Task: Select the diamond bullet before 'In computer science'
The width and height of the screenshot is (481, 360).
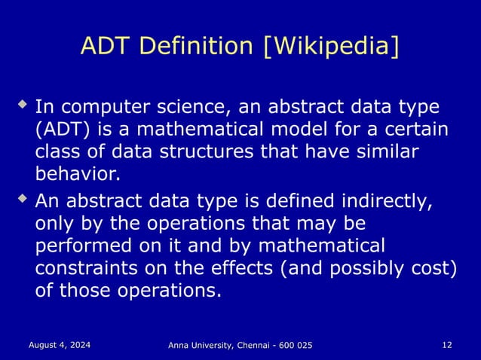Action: (24, 99)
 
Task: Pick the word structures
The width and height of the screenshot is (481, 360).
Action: (201, 151)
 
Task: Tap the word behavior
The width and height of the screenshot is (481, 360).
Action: (77, 175)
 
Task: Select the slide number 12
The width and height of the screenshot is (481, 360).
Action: (447, 344)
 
